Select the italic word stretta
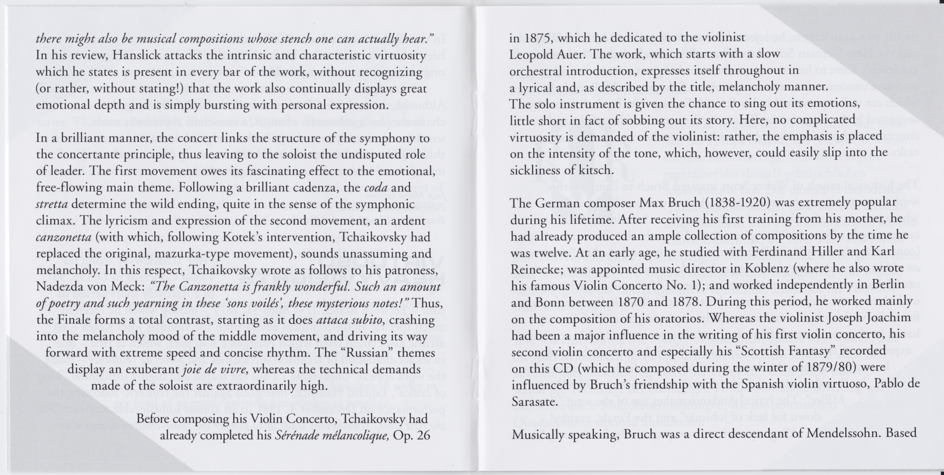tap(52, 204)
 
